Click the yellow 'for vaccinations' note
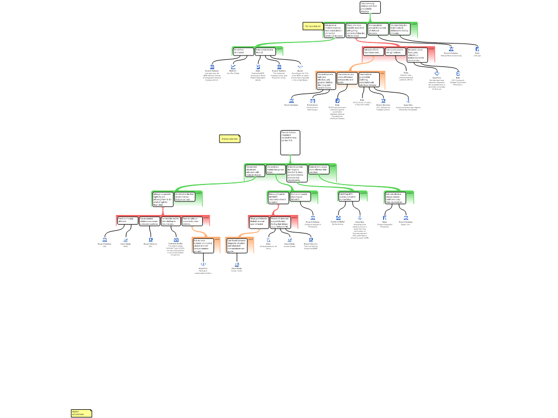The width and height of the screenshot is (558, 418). click(313, 26)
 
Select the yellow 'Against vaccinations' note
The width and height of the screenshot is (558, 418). click(81, 413)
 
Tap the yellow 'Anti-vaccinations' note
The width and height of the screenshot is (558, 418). click(229, 139)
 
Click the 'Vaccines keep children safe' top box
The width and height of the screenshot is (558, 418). click(370, 7)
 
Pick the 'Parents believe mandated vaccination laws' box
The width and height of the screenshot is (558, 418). click(290, 143)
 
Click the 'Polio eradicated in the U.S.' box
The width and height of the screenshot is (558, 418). click(265, 51)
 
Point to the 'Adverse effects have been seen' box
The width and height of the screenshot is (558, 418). click(373, 52)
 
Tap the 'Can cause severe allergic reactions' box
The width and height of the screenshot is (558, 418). click(395, 51)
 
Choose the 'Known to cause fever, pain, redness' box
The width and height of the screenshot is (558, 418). click(417, 54)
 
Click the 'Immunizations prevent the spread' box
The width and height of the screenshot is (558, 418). click(378, 29)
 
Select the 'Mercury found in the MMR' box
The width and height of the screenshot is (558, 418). click(278, 197)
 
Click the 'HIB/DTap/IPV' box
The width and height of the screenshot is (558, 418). click(348, 196)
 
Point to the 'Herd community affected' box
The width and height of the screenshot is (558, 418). click(127, 220)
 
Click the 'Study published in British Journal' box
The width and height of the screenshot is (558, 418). click(259, 221)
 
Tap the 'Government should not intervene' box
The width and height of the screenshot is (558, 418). click(254, 171)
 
